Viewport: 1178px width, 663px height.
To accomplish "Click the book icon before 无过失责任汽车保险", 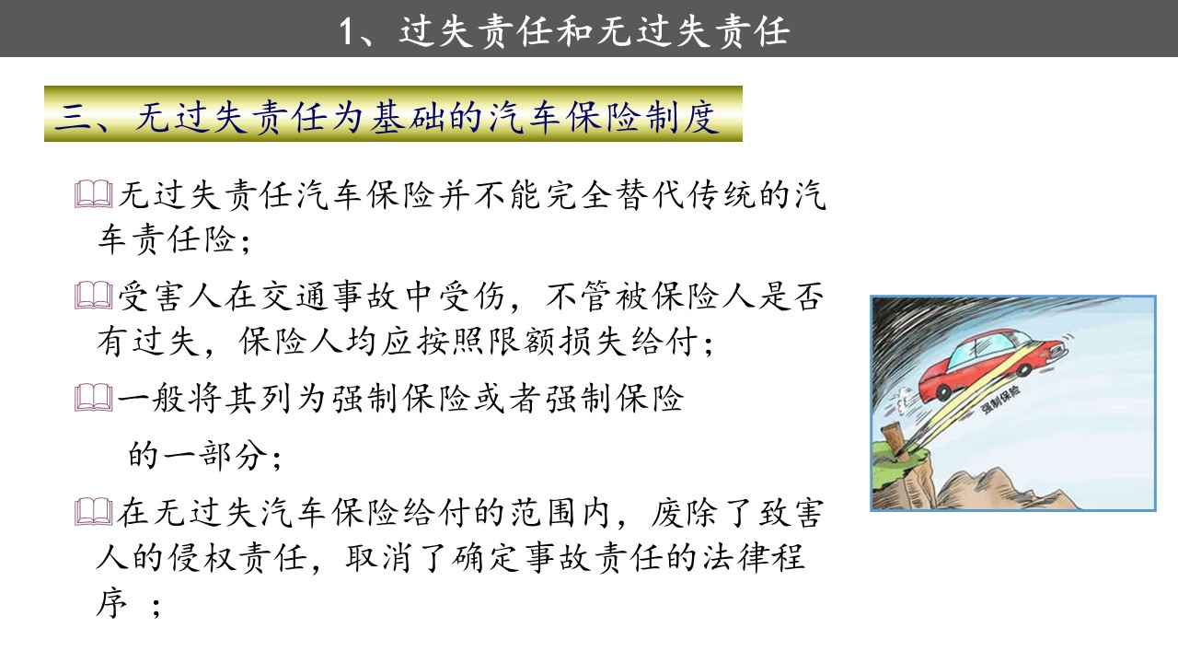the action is click(94, 194).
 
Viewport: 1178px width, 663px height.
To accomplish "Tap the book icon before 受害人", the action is click(94, 296).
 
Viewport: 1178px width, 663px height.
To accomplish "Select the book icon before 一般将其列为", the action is click(94, 397).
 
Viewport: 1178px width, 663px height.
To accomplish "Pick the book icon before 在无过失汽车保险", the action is click(94, 511).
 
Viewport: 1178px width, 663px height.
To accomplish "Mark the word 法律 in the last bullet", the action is click(735, 558).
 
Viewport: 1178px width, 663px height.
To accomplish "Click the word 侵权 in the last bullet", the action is click(202, 558).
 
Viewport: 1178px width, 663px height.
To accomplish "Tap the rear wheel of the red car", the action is click(943, 392).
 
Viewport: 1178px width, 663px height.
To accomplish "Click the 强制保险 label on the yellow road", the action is click(999, 400).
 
